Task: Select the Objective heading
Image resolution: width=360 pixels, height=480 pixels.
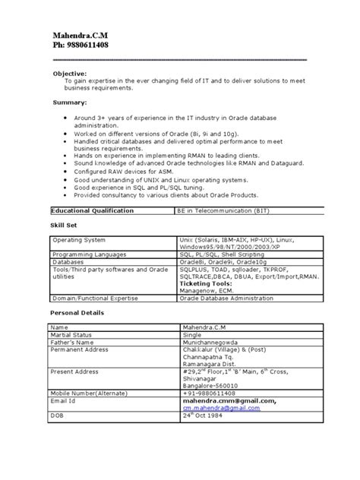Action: [68, 73]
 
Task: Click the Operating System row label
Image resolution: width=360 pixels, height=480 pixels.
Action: [78, 239]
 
